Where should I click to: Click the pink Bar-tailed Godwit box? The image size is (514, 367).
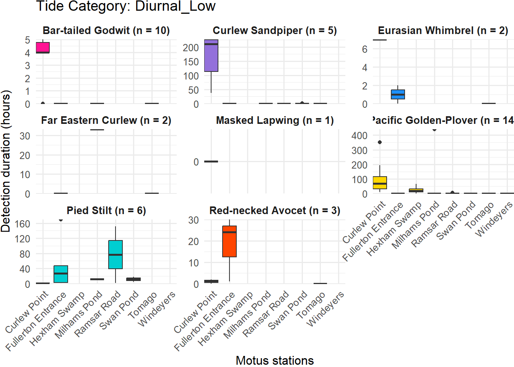coord(43,47)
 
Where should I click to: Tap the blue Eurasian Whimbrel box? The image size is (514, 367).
coord(398,94)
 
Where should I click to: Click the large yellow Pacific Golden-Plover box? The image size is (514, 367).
coord(380,183)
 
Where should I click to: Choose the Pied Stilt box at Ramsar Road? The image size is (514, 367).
coord(115,255)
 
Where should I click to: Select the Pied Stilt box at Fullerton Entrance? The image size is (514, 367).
coord(61,274)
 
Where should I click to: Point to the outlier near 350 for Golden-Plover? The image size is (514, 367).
coord(380,142)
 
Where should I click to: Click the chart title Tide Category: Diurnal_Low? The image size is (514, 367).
coord(125,6)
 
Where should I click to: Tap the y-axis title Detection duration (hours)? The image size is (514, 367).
coord(6,161)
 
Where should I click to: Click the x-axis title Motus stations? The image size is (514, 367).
coord(275,361)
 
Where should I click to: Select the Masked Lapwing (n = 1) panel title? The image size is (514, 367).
coord(275,120)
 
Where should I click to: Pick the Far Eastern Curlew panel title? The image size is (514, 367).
coord(106,120)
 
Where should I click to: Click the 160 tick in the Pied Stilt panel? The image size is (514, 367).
coord(23,224)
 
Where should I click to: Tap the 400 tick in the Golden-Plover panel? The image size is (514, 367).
coord(359,135)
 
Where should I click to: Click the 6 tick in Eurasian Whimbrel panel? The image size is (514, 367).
coord(364,49)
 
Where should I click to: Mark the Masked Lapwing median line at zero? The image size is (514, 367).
coord(211,162)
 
